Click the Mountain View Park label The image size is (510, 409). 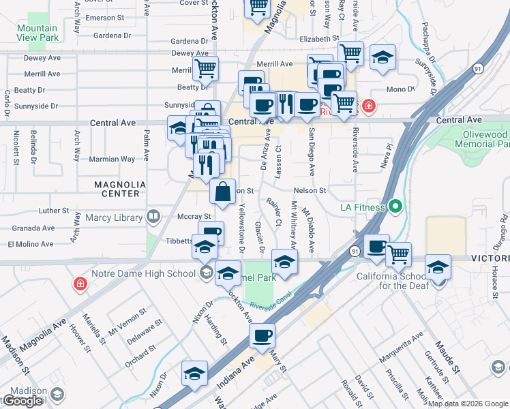click(37, 33)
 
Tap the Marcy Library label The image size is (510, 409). click(115, 218)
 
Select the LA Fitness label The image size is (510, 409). click(363, 207)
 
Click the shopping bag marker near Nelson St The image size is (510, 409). click(222, 192)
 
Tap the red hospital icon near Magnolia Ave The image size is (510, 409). click(80, 283)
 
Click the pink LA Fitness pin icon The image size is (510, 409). click(395, 207)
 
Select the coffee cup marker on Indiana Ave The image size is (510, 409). click(262, 335)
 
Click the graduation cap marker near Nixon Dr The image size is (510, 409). click(194, 374)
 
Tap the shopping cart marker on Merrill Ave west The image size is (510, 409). click(205, 68)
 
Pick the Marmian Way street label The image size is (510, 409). click(111, 160)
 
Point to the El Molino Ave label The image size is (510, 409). click(31, 244)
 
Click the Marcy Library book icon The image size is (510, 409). click(153, 218)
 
